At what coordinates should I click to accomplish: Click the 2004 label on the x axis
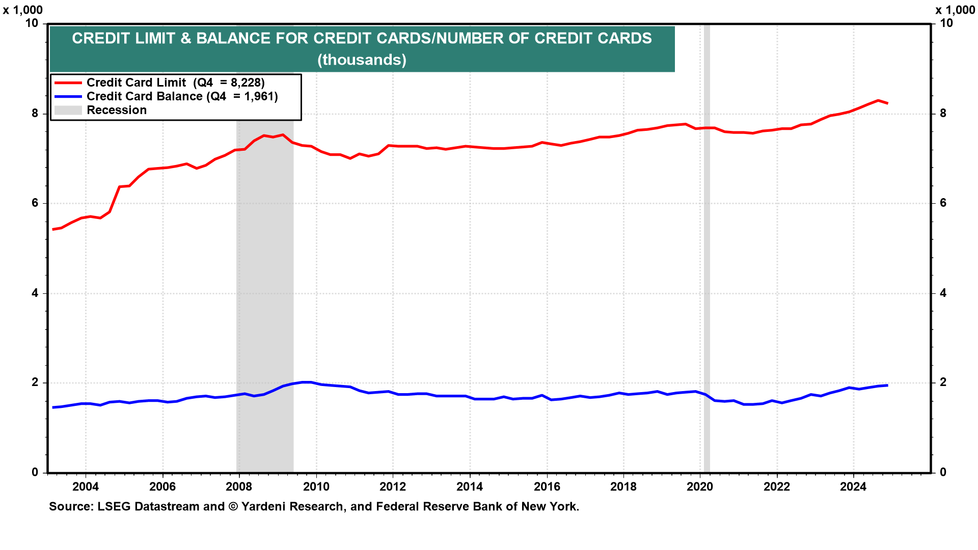click(x=85, y=487)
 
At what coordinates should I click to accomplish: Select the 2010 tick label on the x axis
click(x=316, y=487)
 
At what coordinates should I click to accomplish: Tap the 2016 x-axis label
click(x=547, y=487)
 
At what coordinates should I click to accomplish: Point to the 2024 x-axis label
click(x=853, y=487)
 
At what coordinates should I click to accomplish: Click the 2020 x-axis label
click(x=700, y=487)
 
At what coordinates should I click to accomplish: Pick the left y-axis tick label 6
click(x=35, y=203)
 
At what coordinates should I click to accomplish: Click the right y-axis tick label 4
click(x=943, y=293)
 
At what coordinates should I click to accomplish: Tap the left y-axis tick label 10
click(x=32, y=23)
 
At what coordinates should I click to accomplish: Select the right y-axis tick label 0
click(x=943, y=473)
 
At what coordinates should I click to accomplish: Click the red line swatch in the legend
click(x=68, y=82)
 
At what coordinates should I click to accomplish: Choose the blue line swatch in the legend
click(x=68, y=96)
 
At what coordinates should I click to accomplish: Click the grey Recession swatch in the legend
click(x=68, y=110)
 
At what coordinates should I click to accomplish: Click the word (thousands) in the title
click(x=362, y=60)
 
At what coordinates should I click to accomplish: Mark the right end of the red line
click(x=888, y=103)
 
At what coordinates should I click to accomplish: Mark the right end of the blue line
click(x=888, y=385)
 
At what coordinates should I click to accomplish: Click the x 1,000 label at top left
click(x=23, y=10)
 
